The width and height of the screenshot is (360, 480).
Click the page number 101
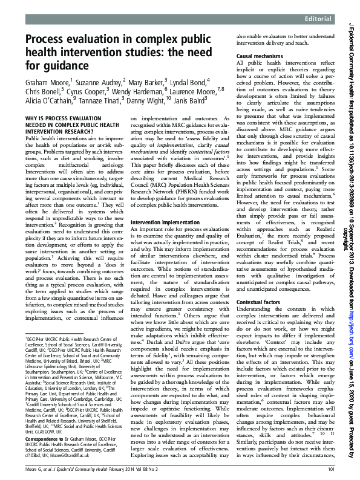(330, 470)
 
